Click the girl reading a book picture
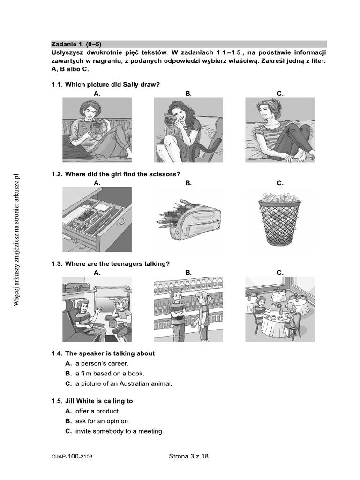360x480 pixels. (97, 129)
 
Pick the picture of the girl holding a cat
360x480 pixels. (188, 129)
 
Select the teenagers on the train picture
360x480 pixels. (97, 309)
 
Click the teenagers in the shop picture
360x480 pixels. (188, 309)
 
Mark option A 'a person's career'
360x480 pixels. (101, 363)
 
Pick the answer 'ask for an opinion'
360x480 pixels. (102, 421)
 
